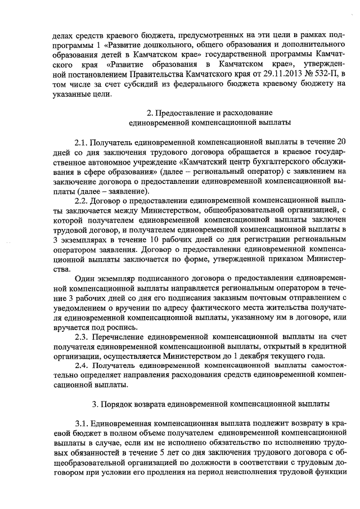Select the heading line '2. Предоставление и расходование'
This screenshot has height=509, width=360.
(201, 112)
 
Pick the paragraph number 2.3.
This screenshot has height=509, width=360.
(82, 336)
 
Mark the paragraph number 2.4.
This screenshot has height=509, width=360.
(82, 366)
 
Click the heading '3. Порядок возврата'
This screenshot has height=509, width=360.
(146, 403)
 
